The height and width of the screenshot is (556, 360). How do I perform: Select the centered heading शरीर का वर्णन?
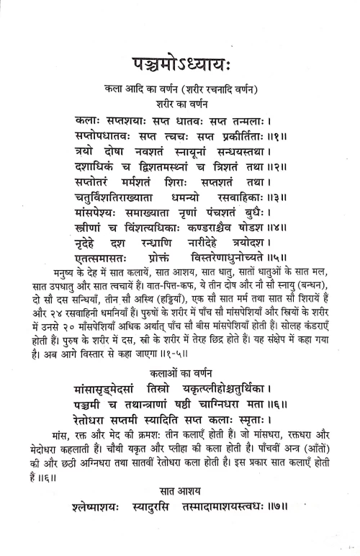[x=179, y=102]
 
